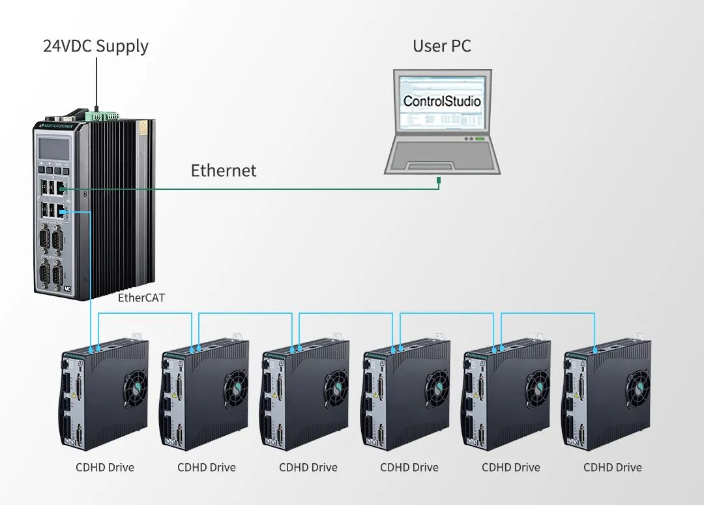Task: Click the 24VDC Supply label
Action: pyautogui.click(x=96, y=46)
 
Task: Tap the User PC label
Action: pyautogui.click(x=441, y=46)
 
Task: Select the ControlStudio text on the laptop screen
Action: pyautogui.click(x=442, y=101)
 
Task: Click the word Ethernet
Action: pyautogui.click(x=224, y=171)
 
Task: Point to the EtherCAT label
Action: pyautogui.click(x=141, y=298)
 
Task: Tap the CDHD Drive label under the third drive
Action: pyautogui.click(x=308, y=468)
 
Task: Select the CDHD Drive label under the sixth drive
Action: pyautogui.click(x=612, y=468)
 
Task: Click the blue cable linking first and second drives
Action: pyautogui.click(x=145, y=314)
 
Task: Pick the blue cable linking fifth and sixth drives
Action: pyautogui.click(x=548, y=314)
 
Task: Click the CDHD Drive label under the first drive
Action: pyautogui.click(x=105, y=468)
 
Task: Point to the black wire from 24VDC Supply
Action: pyautogui.click(x=96, y=82)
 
